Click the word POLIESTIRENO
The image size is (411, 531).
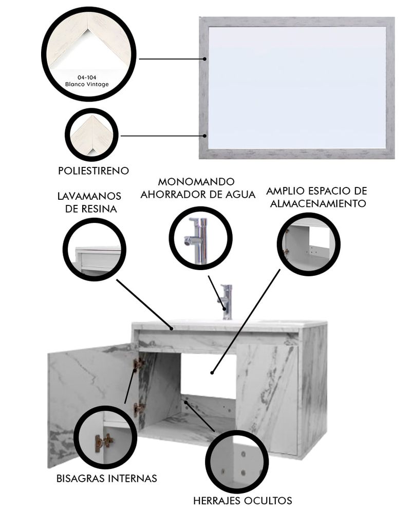(x=94, y=170)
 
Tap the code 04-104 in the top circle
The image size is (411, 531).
(x=87, y=78)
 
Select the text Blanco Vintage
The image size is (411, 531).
(x=87, y=84)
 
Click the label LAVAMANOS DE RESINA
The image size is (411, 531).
(x=89, y=202)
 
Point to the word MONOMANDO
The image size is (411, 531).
(x=196, y=181)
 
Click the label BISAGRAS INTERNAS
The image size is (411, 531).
(x=106, y=479)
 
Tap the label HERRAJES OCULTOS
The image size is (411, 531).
(x=242, y=501)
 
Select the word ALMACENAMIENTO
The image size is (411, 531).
(x=318, y=203)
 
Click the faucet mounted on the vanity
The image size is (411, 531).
(x=226, y=302)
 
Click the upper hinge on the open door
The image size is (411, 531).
(x=139, y=365)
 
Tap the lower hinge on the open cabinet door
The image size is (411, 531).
(x=139, y=409)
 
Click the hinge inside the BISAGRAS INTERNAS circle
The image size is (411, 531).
(x=103, y=443)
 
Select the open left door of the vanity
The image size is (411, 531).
(x=92, y=404)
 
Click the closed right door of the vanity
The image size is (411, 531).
(x=267, y=399)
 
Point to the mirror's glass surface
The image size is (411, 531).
(x=297, y=87)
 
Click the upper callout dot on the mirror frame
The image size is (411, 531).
(x=204, y=59)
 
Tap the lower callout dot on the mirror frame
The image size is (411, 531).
(x=204, y=136)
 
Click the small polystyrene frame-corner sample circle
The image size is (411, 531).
(x=91, y=135)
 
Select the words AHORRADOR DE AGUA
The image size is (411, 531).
(x=198, y=195)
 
